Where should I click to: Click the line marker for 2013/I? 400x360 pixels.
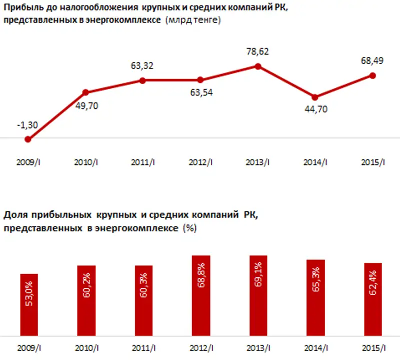click(x=257, y=65)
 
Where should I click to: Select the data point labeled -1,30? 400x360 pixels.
click(x=28, y=139)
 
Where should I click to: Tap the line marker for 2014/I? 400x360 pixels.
click(x=314, y=97)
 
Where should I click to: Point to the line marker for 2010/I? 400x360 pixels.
click(x=85, y=92)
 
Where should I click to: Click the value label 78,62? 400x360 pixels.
click(x=257, y=51)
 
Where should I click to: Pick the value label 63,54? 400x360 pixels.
click(x=200, y=92)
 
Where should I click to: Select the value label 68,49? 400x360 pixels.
click(x=372, y=60)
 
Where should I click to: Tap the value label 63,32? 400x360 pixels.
click(x=143, y=65)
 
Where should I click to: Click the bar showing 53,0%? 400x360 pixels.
click(x=28, y=304)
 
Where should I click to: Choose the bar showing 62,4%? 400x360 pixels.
click(x=372, y=299)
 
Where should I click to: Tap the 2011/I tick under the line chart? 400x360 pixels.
click(x=143, y=162)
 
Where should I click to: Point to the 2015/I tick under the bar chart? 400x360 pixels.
click(x=372, y=347)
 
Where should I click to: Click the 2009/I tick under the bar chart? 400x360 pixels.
click(x=28, y=347)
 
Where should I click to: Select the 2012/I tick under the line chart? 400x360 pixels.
click(x=200, y=162)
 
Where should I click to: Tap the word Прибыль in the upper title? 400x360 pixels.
click(x=20, y=8)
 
